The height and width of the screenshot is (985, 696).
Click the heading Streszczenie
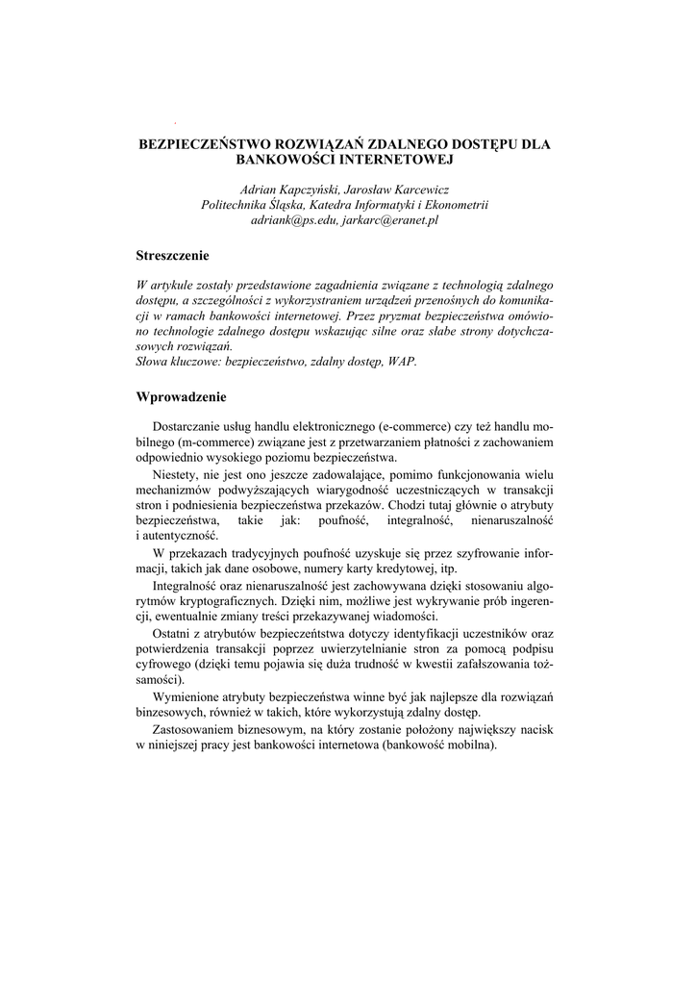coord(173,256)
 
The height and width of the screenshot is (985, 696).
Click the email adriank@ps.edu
coord(296,220)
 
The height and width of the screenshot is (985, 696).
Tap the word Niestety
coord(177,474)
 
